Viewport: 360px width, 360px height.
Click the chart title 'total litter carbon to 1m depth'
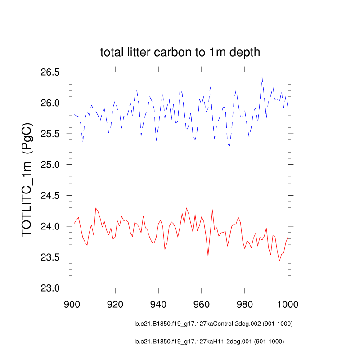coord(180,53)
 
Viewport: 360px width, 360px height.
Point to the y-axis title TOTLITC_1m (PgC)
coord(28,180)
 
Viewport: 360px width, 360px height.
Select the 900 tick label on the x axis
coord(72,304)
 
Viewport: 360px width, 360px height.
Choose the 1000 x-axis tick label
coord(287,304)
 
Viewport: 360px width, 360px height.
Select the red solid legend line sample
coord(96,342)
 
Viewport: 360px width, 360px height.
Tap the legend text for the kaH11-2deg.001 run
coord(210,342)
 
